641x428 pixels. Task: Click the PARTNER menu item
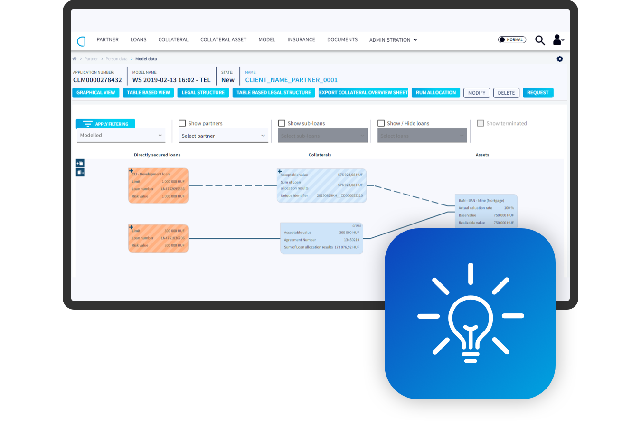[107, 40]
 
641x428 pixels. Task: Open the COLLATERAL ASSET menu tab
[223, 40]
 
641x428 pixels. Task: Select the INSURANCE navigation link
[301, 40]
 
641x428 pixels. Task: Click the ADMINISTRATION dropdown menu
[393, 40]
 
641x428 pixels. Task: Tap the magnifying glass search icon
[540, 40]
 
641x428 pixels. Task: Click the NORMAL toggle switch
[512, 40]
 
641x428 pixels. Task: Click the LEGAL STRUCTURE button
[203, 93]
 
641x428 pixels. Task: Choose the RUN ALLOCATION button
[435, 93]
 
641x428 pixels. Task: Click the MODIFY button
[477, 93]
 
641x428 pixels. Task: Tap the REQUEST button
[537, 93]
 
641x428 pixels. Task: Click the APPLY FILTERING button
[106, 124]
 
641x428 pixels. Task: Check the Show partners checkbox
[182, 124]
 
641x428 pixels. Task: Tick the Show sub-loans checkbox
[282, 124]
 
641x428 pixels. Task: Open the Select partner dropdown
[223, 136]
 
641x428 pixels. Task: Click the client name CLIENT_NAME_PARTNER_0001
[291, 80]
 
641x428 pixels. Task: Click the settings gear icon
[560, 59]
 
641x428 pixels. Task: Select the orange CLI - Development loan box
[159, 185]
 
